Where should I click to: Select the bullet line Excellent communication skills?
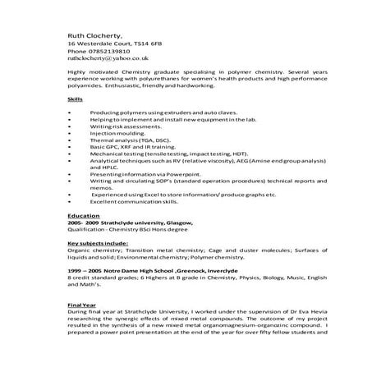157,201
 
